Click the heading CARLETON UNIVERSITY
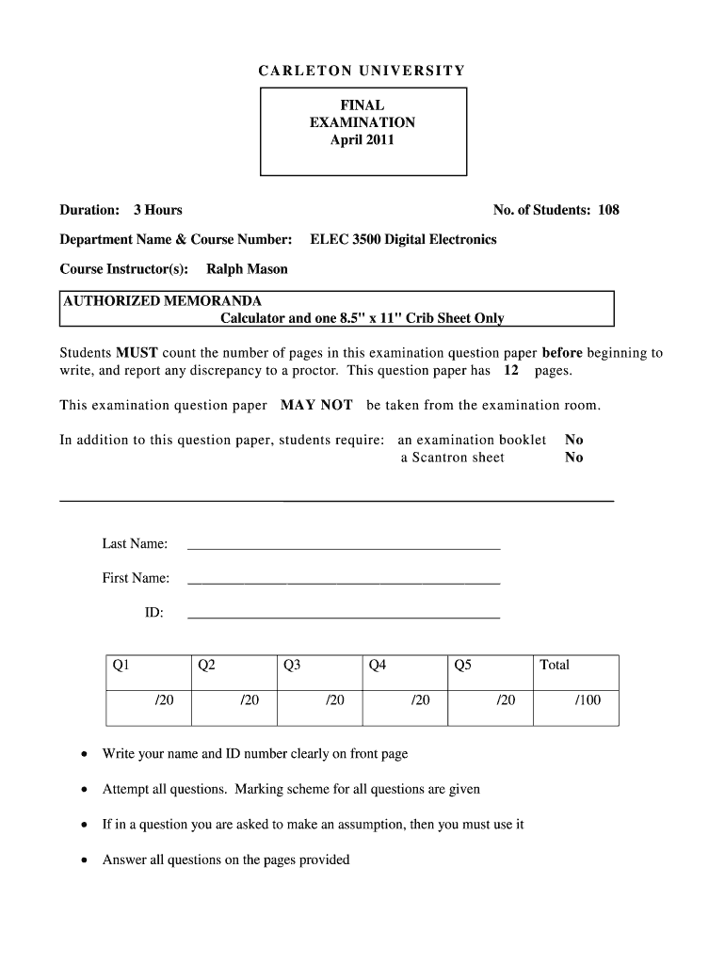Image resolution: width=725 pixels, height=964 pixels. pos(362,71)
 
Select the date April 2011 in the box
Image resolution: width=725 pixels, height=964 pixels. pos(362,140)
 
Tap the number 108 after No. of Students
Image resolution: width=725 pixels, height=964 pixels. pos(608,210)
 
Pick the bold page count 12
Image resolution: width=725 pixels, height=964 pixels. pos(511,371)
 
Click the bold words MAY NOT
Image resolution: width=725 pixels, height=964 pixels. pos(316,406)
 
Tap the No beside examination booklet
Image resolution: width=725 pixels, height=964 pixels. pos(573,440)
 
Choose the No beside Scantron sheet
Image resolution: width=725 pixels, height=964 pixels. pos(573,458)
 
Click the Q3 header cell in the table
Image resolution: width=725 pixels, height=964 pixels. pos(319,672)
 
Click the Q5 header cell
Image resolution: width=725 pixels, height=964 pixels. pos(491,672)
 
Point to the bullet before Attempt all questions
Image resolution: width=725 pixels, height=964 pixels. pos(85,790)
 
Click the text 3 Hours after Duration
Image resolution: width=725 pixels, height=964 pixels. pos(158,210)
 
